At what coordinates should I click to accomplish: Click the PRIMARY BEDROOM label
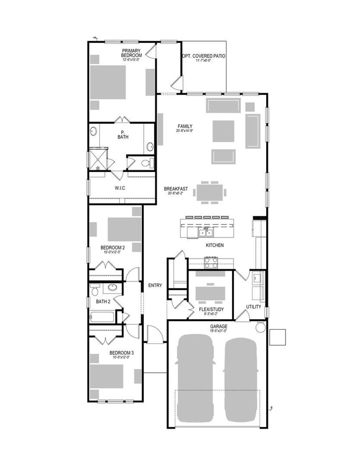pyautogui.click(x=131, y=53)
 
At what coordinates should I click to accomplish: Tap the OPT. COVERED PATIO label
pyautogui.click(x=204, y=56)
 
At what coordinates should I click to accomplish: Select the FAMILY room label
pyautogui.click(x=185, y=126)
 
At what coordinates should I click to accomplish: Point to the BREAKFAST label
pyautogui.click(x=176, y=189)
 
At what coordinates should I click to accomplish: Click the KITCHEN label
pyautogui.click(x=215, y=245)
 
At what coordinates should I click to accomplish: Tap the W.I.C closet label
pyautogui.click(x=120, y=188)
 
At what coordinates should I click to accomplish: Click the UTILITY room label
pyautogui.click(x=253, y=307)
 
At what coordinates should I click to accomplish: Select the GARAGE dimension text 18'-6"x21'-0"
pyautogui.click(x=219, y=331)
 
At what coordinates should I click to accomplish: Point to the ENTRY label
pyautogui.click(x=155, y=286)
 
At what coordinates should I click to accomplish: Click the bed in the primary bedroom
pyautogui.click(x=108, y=82)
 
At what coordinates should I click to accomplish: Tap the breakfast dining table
pyautogui.click(x=210, y=192)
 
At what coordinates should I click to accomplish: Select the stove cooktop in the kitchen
pyautogui.click(x=211, y=262)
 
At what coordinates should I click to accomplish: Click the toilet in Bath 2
pyautogui.click(x=95, y=290)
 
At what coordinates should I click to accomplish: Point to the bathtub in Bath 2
pyautogui.click(x=102, y=317)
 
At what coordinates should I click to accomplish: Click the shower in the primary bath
pyautogui.click(x=97, y=159)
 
